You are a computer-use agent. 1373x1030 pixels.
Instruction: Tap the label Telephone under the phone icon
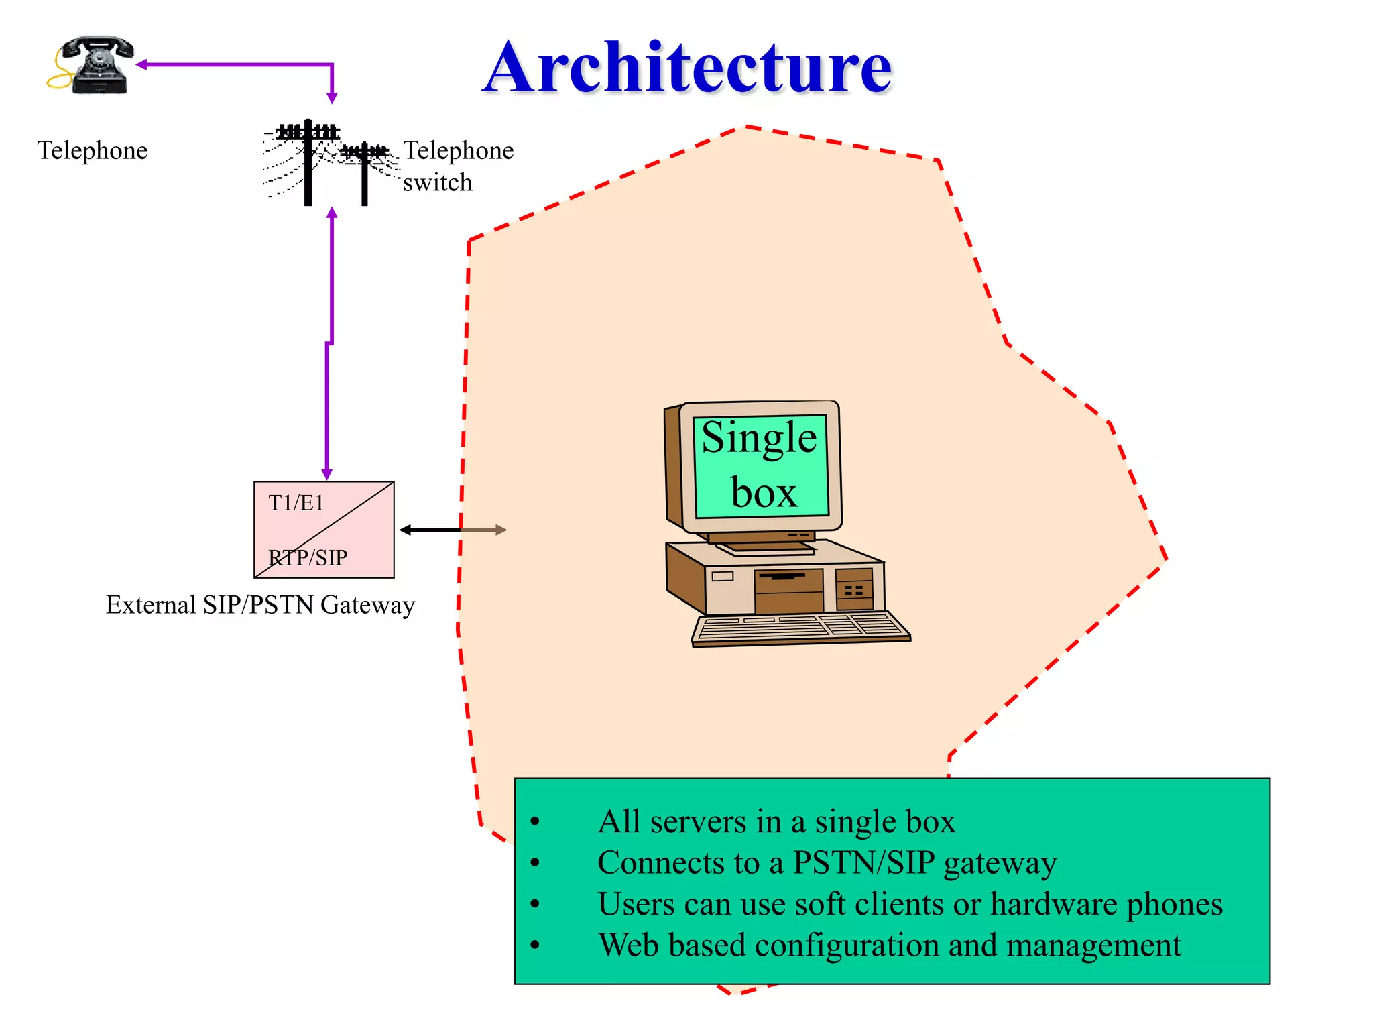point(92,150)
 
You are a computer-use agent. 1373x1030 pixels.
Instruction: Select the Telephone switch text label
point(458,166)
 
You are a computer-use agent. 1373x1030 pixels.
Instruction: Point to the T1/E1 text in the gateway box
point(296,502)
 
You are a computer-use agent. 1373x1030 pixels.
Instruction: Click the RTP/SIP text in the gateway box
point(308,557)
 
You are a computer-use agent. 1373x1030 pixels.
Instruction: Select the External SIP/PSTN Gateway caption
point(260,605)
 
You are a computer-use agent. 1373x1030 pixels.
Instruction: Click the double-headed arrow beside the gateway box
point(453,530)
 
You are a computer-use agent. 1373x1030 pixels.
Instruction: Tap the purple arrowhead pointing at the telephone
point(141,65)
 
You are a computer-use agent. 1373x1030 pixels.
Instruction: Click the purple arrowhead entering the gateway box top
point(327,475)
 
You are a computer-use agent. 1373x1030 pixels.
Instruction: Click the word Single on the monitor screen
point(759,438)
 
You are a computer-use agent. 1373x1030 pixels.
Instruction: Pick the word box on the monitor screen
point(764,493)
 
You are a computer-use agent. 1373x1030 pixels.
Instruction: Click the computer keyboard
point(800,629)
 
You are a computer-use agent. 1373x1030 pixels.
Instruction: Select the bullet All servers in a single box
point(776,821)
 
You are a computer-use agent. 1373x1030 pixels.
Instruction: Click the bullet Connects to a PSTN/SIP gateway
point(827,863)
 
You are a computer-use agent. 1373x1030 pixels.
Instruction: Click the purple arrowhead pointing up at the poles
point(332,213)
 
